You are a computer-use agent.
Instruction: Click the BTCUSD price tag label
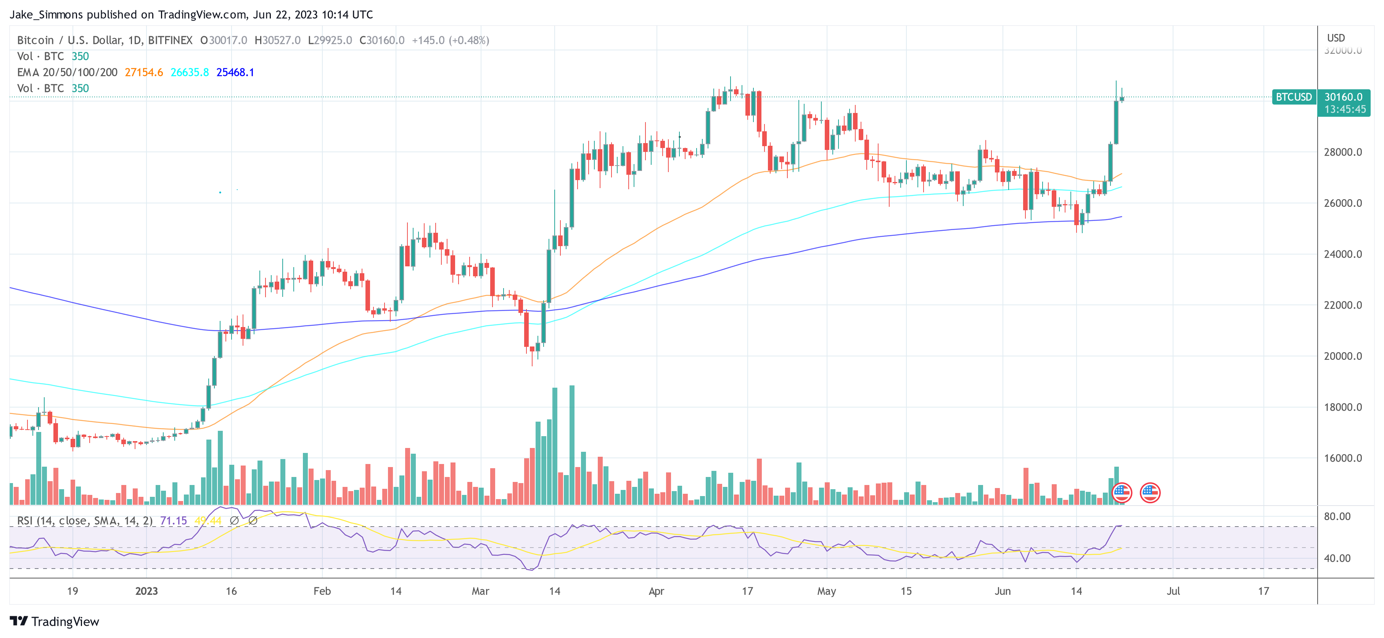pyautogui.click(x=1294, y=97)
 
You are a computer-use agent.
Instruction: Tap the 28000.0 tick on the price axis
pyautogui.click(x=1343, y=152)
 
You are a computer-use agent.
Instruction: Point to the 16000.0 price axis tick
pyautogui.click(x=1343, y=458)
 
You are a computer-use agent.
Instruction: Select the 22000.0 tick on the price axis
pyautogui.click(x=1343, y=305)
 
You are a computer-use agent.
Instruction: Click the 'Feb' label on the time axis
pyautogui.click(x=322, y=591)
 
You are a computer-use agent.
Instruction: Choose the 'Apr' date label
pyautogui.click(x=656, y=591)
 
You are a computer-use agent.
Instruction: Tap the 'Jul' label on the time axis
pyautogui.click(x=1173, y=591)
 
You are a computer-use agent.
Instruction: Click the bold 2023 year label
pyautogui.click(x=146, y=591)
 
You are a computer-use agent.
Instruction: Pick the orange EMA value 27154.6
pyautogui.click(x=143, y=72)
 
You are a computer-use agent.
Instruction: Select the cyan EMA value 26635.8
pyautogui.click(x=190, y=72)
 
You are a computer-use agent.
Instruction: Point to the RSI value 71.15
pyautogui.click(x=174, y=520)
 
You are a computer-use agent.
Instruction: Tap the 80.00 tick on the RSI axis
pyautogui.click(x=1337, y=516)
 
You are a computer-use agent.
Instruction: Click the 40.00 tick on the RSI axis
pyautogui.click(x=1337, y=558)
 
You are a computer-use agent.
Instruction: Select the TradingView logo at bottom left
pyautogui.click(x=54, y=621)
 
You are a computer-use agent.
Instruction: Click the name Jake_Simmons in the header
pyautogui.click(x=46, y=14)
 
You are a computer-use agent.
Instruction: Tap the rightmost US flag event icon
pyautogui.click(x=1150, y=492)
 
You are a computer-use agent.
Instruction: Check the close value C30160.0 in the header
pyautogui.click(x=382, y=40)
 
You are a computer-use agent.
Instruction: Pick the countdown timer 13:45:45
pyautogui.click(x=1344, y=109)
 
